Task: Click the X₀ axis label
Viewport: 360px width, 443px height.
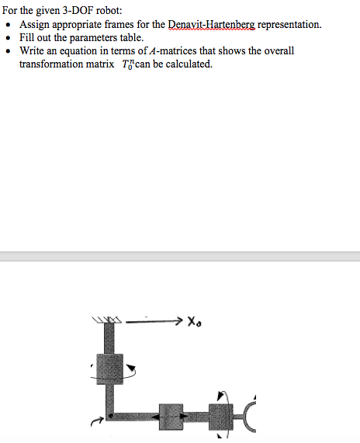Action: (x=195, y=321)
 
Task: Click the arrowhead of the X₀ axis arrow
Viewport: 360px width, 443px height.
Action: (x=179, y=320)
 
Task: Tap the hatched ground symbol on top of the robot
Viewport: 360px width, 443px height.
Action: (x=107, y=320)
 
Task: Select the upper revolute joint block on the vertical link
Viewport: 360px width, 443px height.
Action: (x=109, y=369)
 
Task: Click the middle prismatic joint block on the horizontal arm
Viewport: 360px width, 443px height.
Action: (x=171, y=417)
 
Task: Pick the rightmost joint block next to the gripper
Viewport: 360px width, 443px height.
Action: (x=220, y=417)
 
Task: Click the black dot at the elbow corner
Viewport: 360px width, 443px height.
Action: (x=110, y=415)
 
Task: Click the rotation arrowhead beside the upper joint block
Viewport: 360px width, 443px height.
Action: (x=131, y=368)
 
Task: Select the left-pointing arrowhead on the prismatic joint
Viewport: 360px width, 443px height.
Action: (x=155, y=417)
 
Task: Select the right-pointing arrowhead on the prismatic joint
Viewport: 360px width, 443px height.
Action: (x=184, y=416)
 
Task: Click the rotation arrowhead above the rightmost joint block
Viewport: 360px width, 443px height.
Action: (x=220, y=395)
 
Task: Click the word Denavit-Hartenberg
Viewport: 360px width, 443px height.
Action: (x=212, y=25)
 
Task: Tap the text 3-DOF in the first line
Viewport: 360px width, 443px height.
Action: (x=78, y=10)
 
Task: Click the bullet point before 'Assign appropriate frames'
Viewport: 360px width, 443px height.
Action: (x=9, y=25)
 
